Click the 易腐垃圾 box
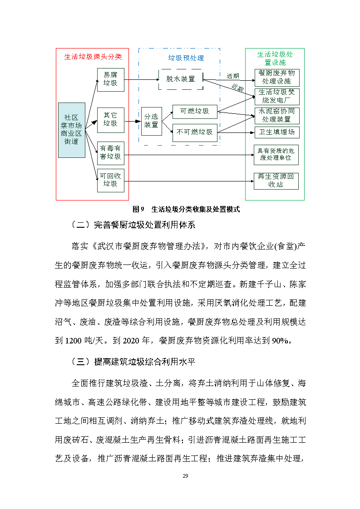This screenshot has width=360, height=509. [110, 79]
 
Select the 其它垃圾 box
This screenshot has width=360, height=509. [110, 119]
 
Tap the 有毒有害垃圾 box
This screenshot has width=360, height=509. [110, 152]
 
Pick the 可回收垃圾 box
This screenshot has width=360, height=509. [110, 180]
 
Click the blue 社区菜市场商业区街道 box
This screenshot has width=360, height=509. [71, 130]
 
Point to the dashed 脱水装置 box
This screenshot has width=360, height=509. [180, 79]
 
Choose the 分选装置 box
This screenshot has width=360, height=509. [151, 121]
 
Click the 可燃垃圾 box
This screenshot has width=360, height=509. [195, 111]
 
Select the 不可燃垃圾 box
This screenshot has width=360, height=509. [195, 132]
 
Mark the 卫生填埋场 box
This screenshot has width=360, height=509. [276, 132]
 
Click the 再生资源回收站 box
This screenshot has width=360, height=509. [276, 181]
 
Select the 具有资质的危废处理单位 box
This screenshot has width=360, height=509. [276, 155]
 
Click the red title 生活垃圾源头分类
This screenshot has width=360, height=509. [93, 57]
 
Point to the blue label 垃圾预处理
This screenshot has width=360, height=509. [186, 58]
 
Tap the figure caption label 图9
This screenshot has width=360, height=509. [138, 209]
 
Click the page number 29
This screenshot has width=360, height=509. [185, 476]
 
